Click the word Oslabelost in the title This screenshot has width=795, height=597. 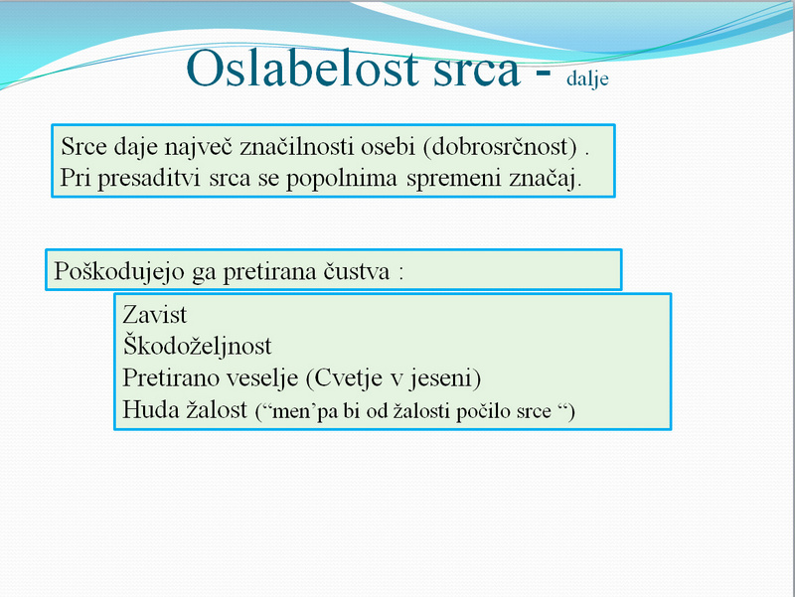pos(303,69)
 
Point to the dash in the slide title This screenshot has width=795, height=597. pos(543,73)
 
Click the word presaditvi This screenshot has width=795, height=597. pos(148,179)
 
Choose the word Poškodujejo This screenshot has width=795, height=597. pos(119,271)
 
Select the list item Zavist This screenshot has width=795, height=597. pos(155,315)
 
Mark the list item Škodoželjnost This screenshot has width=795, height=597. pos(197,346)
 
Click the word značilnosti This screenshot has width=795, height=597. pos(296,147)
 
